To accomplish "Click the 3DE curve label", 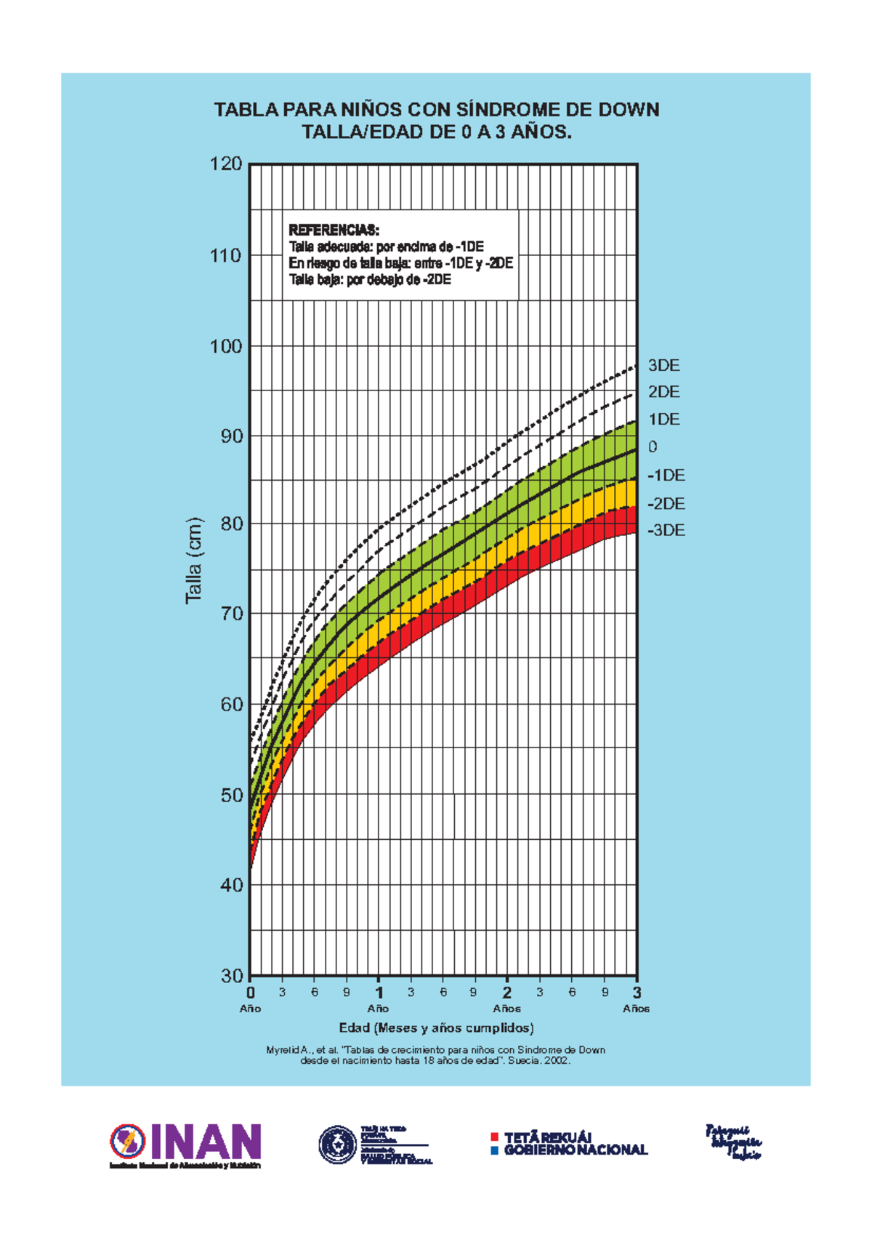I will [x=663, y=366].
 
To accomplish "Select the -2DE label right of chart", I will [x=666, y=504].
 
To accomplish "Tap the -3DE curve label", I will [x=666, y=531].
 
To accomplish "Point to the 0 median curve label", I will [x=653, y=447].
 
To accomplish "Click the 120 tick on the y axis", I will [x=226, y=164].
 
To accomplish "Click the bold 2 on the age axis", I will [x=507, y=993].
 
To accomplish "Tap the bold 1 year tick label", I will [x=379, y=993].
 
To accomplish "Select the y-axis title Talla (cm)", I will [x=194, y=560].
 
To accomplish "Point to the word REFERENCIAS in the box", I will [x=334, y=230].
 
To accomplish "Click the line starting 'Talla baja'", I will [x=369, y=280].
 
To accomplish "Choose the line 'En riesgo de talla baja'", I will [x=400, y=263].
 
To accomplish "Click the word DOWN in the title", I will [x=629, y=110].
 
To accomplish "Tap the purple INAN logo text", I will [x=206, y=1142].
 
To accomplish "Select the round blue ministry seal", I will [x=337, y=1144].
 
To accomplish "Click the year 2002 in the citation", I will [x=555, y=1060].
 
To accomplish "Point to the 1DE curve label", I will [x=663, y=420].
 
